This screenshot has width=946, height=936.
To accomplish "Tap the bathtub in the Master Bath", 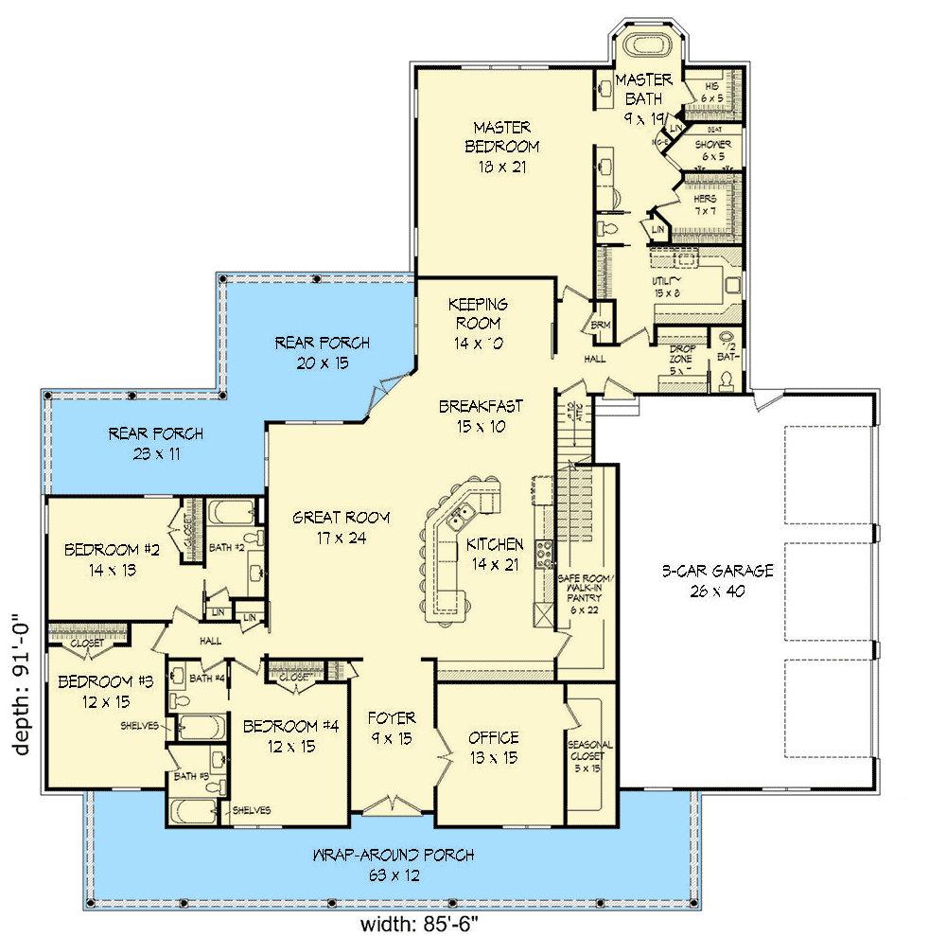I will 644,44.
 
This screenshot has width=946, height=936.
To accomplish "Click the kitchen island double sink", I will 462,517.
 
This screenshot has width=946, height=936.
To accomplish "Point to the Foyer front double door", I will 392,805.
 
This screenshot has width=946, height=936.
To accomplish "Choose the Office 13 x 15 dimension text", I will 494,758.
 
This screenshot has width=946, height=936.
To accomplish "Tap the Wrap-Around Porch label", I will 393,856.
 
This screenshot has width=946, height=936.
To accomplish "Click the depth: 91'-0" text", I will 23,681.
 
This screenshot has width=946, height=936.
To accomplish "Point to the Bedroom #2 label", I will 100,550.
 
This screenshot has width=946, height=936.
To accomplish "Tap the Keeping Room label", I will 478,313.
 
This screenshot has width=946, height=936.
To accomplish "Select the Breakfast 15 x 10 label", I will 481,415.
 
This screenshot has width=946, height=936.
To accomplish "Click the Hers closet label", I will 705,200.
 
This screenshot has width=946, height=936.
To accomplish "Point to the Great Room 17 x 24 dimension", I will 329,539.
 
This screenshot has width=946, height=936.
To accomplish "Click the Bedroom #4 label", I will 290,727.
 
